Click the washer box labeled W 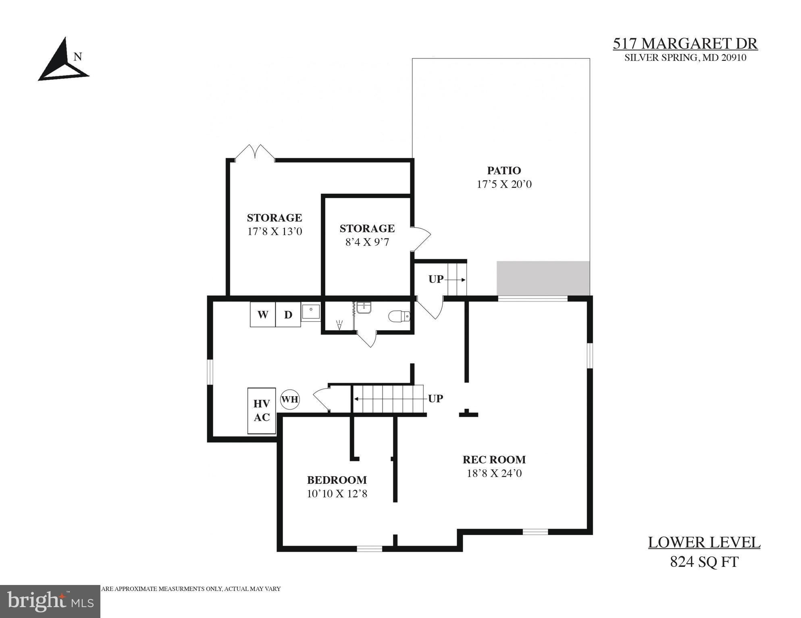click(263, 314)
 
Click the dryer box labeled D click(288, 314)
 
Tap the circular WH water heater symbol click(290, 399)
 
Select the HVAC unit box click(262, 411)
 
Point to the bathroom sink click(364, 308)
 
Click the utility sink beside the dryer click(311, 312)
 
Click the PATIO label click(504, 171)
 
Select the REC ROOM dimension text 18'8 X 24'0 click(494, 473)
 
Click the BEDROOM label click(337, 480)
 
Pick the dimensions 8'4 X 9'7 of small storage click(367, 242)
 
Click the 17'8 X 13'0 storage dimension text click(275, 231)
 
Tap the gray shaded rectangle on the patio click(543, 278)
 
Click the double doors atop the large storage click(255, 153)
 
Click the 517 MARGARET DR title click(685, 43)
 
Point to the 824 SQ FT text click(704, 562)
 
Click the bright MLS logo click(50, 601)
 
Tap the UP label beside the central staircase click(435, 399)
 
